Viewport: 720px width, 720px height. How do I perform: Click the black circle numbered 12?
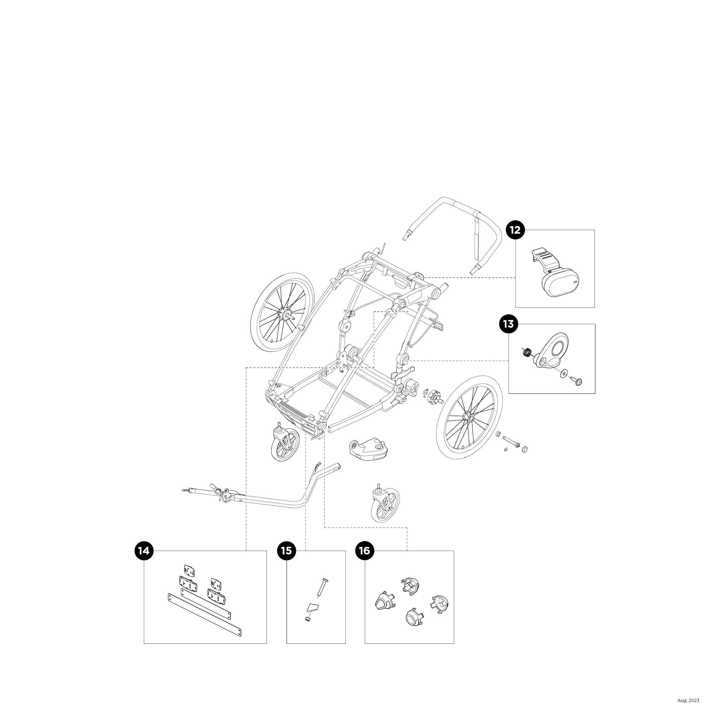(x=515, y=230)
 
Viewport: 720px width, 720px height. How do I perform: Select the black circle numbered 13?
(x=508, y=324)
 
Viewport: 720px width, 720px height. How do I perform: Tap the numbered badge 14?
(x=144, y=551)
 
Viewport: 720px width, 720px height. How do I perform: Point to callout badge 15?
(x=286, y=551)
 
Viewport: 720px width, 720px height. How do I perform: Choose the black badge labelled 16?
(x=364, y=551)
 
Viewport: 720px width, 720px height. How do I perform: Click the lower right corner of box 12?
(x=594, y=307)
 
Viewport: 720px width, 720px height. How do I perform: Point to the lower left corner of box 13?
(x=509, y=393)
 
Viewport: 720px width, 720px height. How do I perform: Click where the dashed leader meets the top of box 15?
(x=306, y=551)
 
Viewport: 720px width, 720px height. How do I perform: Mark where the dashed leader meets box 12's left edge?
(x=516, y=278)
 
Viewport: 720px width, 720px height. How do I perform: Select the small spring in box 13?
(x=527, y=352)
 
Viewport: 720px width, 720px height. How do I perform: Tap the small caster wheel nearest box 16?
(x=385, y=501)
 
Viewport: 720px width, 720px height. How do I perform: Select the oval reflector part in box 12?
(x=563, y=283)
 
